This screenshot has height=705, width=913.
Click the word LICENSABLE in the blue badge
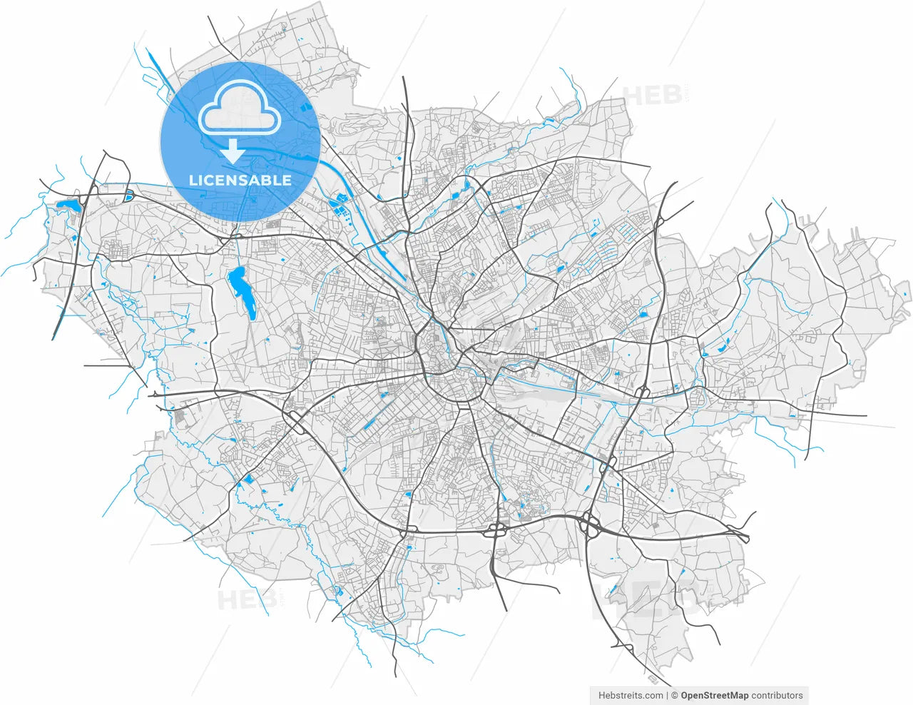point(240,180)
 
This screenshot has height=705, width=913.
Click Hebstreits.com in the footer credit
point(630,695)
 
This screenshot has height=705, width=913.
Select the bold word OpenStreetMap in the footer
point(714,695)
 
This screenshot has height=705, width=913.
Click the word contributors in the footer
point(777,695)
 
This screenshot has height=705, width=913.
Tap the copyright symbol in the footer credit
point(674,695)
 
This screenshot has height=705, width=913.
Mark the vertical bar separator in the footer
point(667,695)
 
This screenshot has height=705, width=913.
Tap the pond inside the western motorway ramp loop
point(129,195)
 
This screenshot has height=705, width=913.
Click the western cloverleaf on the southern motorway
point(495,530)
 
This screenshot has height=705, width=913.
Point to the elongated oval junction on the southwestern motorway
point(294,415)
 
